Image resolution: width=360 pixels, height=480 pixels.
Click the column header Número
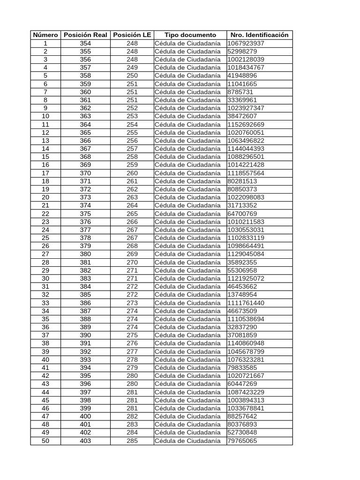coord(45,35)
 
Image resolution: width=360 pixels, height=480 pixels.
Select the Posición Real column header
coord(85,35)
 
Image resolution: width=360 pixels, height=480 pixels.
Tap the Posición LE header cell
coord(132,35)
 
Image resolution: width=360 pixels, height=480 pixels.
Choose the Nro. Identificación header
coord(259,35)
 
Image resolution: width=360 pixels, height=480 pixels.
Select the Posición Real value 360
coord(85,92)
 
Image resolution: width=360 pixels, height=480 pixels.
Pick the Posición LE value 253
coord(132,116)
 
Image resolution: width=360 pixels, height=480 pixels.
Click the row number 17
coord(45,173)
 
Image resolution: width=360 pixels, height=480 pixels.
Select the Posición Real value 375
coord(85,214)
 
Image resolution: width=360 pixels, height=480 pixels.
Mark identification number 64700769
coord(242,214)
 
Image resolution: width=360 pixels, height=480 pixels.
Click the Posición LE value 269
coord(132,254)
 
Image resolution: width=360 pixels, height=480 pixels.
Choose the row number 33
coord(45,303)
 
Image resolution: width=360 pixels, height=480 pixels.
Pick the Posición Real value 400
coord(85,416)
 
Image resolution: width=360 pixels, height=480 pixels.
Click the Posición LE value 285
coord(132,441)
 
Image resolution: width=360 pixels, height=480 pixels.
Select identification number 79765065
coord(242,441)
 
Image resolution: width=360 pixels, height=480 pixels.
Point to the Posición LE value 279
coord(132,367)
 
